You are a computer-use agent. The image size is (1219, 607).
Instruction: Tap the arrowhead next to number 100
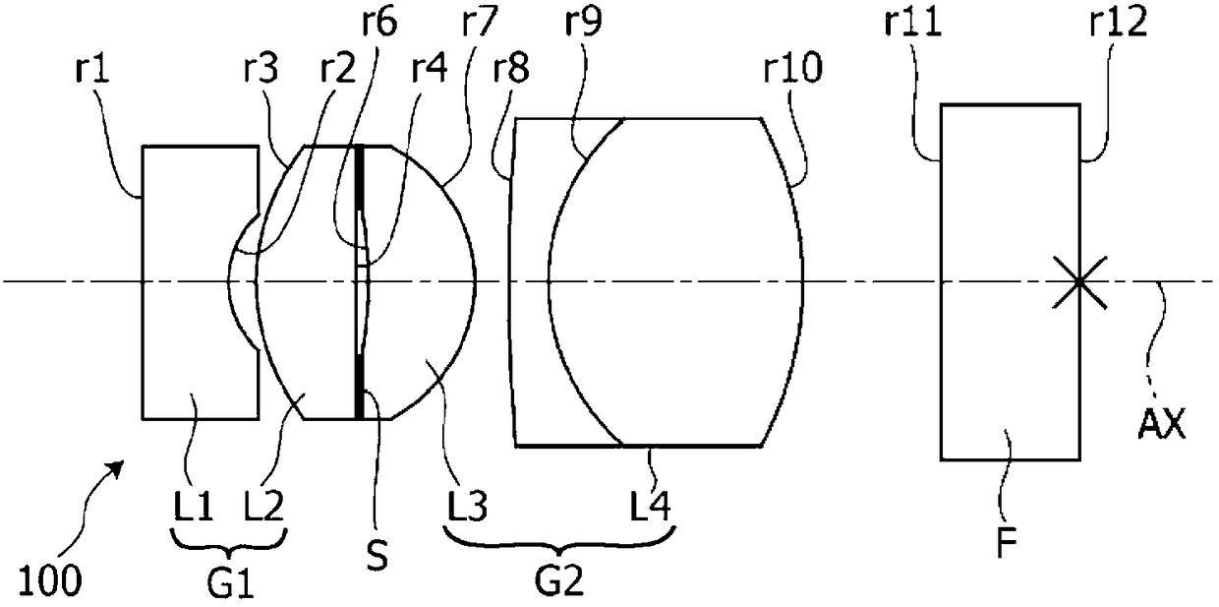[122, 463]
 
